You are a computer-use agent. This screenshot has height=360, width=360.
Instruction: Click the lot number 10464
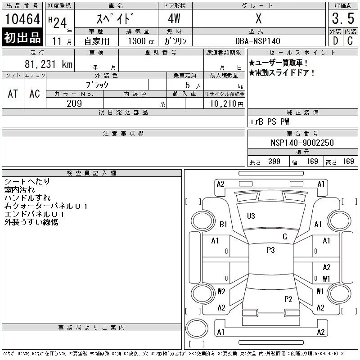pos(22,19)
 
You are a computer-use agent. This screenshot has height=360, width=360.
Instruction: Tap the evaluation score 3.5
pos(343,18)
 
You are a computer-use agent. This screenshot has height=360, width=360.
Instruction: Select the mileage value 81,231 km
pos(49,64)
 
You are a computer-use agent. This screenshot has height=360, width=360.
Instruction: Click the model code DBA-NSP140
pos(257,41)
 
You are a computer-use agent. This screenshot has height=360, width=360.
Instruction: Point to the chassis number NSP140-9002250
pos(302,143)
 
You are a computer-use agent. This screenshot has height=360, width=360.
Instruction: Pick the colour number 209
pos(74,103)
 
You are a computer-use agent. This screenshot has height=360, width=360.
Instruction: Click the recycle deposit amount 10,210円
pos(226,104)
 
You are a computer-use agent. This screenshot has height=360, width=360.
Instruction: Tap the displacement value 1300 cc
pos(141,41)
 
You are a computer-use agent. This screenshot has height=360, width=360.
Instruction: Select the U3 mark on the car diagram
pos(251,216)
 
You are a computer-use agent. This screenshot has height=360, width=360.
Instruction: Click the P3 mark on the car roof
pos(271,250)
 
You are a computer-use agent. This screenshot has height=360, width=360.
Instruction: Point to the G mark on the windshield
pos(285,237)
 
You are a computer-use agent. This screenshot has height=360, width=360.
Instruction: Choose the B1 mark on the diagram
pos(223,224)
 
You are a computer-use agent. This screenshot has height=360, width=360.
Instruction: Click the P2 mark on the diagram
pos(288,299)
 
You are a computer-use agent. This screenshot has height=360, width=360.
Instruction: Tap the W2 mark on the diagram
pos(221,291)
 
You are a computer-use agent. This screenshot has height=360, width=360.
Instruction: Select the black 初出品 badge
pos(22,37)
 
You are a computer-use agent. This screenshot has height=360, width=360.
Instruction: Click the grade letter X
pos(258,18)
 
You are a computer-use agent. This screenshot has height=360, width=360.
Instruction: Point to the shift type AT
pos(13,94)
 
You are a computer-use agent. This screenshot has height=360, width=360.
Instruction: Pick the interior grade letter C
pos(350,41)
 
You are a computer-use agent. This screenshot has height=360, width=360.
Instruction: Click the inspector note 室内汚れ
pos(19,189)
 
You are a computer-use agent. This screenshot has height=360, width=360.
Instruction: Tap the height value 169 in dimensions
pos(348,162)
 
